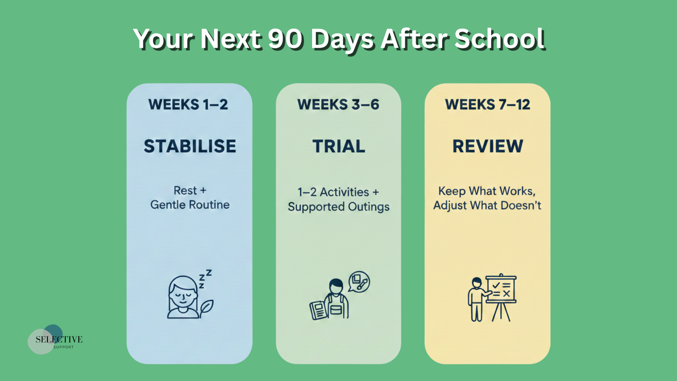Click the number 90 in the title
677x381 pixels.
point(285,39)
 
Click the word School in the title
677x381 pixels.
point(500,39)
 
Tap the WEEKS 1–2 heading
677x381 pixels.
point(188,104)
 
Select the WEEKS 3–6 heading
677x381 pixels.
point(338,104)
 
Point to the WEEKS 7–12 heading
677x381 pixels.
point(487,104)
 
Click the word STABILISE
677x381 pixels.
point(190,146)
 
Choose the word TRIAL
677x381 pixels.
point(338,146)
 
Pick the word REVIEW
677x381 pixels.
point(487,146)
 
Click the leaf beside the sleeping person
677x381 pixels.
point(206,309)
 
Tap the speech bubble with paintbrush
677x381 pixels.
point(359,282)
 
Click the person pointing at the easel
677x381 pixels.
point(478,299)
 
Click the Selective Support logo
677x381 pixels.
point(55,340)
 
